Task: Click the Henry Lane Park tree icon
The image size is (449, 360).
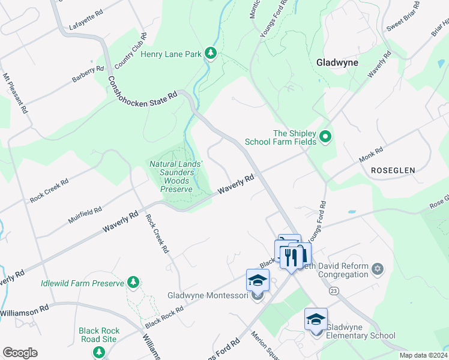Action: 211,54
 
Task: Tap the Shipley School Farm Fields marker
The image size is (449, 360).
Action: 325,137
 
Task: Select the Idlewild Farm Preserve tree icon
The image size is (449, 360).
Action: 133,283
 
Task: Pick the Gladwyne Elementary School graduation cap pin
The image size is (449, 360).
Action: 316,320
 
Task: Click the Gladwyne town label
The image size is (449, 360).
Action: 337,62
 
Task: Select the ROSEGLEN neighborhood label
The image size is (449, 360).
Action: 393,170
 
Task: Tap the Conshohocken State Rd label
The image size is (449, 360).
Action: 143,88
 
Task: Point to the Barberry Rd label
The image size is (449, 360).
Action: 88,75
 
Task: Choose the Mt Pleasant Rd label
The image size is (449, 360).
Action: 16,94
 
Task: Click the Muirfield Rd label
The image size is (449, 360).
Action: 85,214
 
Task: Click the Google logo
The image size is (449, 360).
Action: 20,353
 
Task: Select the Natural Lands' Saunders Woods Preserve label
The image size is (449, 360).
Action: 176,176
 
